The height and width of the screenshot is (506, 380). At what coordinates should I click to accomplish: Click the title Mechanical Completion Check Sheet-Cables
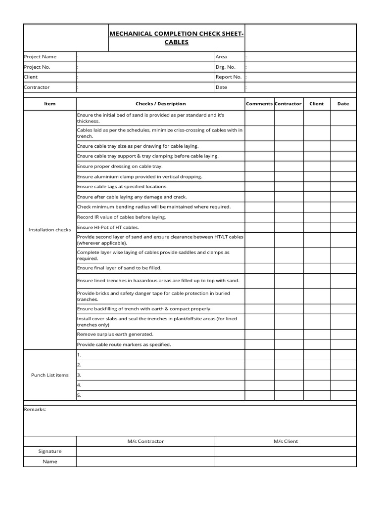[x=177, y=38]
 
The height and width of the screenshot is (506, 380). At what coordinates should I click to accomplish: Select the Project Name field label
[x=40, y=57]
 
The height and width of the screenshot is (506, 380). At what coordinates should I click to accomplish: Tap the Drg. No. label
[x=226, y=67]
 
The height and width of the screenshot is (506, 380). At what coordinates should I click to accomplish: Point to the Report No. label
[x=229, y=77]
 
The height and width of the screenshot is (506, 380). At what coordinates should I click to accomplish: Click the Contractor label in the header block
[x=37, y=87]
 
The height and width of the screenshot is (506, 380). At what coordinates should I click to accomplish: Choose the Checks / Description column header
[x=161, y=104]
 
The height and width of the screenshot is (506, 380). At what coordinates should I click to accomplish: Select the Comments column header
[x=259, y=104]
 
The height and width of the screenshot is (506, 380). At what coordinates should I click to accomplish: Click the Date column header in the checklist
[x=343, y=104]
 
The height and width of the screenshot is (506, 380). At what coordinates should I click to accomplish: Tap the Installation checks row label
[x=50, y=230]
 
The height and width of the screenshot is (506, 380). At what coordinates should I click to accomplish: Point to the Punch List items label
[x=50, y=375]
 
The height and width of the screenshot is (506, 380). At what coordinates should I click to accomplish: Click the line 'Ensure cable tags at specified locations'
[x=122, y=187]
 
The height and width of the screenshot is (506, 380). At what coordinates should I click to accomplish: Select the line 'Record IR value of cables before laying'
[x=122, y=217]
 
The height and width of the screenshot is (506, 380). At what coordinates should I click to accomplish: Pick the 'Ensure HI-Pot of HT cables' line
[x=108, y=227]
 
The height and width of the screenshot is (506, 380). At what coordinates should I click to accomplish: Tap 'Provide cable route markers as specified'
[x=124, y=344]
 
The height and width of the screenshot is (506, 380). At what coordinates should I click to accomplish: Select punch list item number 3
[x=79, y=375]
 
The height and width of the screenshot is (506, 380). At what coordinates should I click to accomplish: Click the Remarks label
[x=35, y=409]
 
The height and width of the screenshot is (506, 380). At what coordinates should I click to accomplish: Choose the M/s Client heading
[x=285, y=441]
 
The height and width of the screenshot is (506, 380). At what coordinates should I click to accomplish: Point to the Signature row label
[x=50, y=451]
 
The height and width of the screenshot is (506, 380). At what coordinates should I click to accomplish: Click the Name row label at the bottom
[x=50, y=462]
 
